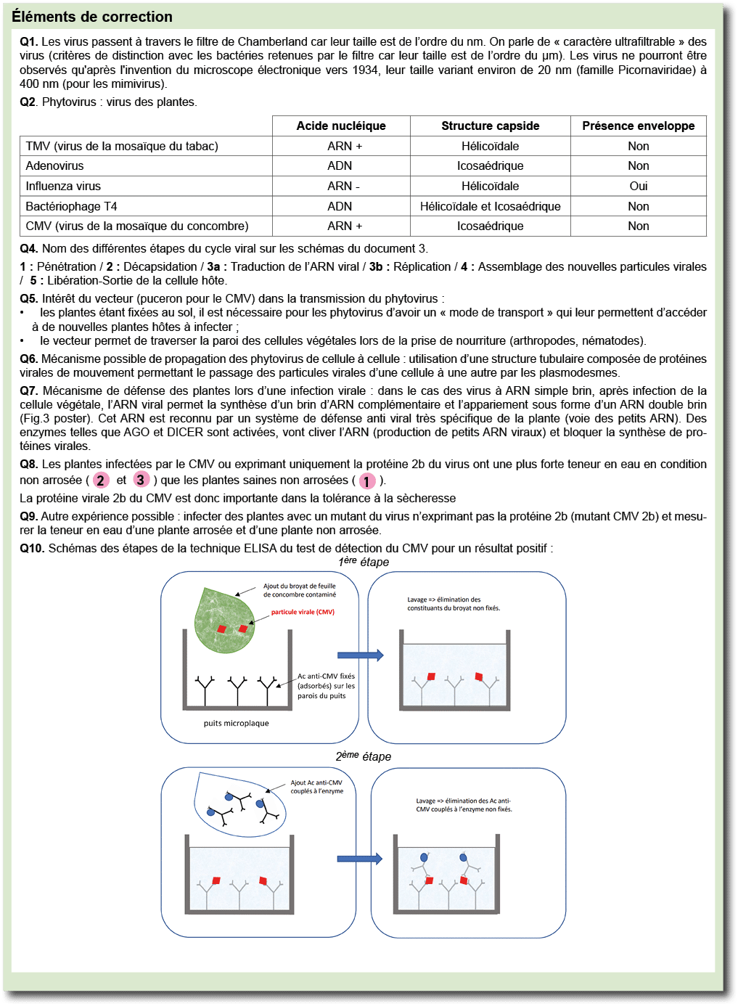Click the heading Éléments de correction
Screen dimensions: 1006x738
92,17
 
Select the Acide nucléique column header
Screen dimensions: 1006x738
341,126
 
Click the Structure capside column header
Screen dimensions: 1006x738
490,126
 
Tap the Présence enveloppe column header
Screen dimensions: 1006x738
638,126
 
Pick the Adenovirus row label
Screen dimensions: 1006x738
54,165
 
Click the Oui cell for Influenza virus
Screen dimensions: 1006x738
638,186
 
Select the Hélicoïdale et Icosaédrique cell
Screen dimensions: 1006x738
490,206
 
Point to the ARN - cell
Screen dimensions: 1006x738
343,186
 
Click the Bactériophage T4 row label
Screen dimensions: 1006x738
71,206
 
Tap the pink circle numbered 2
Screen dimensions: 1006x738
101,480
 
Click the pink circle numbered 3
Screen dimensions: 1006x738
141,479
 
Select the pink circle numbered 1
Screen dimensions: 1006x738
367,481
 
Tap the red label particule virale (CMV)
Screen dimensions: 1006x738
303,612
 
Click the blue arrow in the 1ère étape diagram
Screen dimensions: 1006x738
360,655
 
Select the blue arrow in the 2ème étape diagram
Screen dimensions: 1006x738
359,859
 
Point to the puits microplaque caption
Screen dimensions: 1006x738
236,723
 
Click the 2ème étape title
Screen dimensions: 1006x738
364,756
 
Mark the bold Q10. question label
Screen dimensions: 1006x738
32,548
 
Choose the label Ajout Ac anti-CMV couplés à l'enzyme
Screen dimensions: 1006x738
316,787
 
